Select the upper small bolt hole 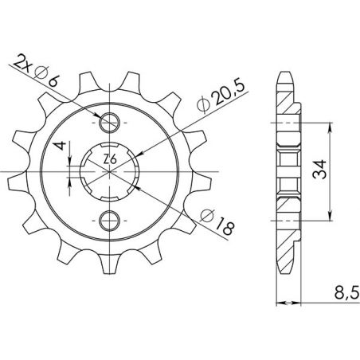click(x=109, y=122)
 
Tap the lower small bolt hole click(x=109, y=219)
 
